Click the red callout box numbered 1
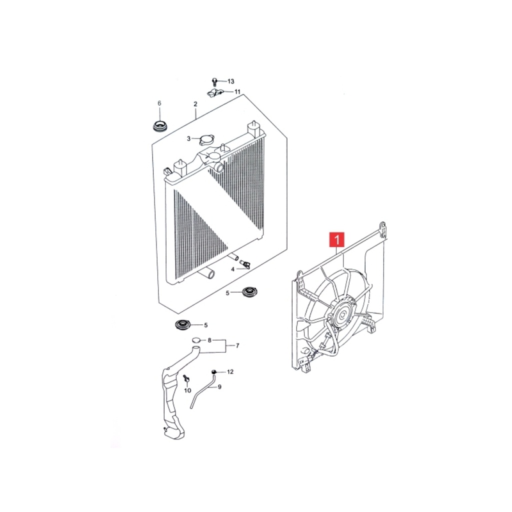pyautogui.click(x=336, y=239)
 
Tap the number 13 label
pyautogui.click(x=231, y=81)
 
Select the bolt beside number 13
pyautogui.click(x=214, y=81)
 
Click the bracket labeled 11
pyautogui.click(x=214, y=92)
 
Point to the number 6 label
pyautogui.click(x=159, y=103)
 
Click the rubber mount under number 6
pyautogui.click(x=160, y=126)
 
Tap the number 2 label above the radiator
pyautogui.click(x=195, y=104)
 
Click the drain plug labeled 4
pyautogui.click(x=245, y=264)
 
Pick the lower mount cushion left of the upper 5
pyautogui.click(x=250, y=291)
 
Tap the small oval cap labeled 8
pyautogui.click(x=195, y=340)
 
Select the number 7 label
pyautogui.click(x=237, y=345)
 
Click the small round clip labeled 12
pyautogui.click(x=214, y=371)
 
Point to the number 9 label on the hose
pyautogui.click(x=219, y=387)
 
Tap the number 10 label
pyautogui.click(x=187, y=390)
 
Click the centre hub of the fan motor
pyautogui.click(x=342, y=315)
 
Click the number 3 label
pyautogui.click(x=188, y=139)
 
